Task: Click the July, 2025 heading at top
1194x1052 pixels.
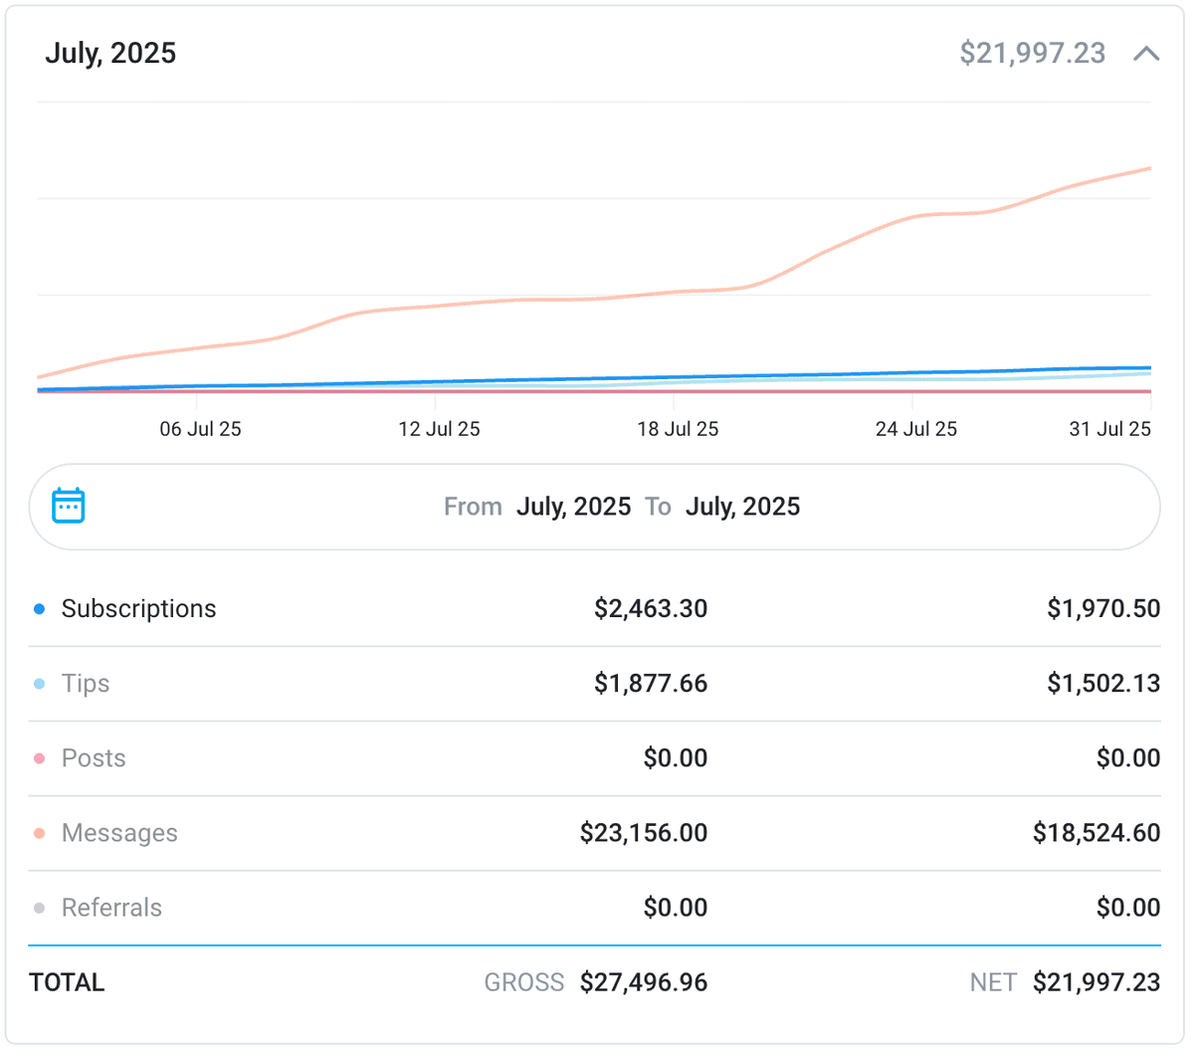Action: point(110,53)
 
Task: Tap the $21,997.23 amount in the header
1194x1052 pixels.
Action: point(1032,53)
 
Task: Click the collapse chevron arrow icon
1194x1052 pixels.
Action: point(1146,54)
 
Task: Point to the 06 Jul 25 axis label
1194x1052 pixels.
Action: point(200,429)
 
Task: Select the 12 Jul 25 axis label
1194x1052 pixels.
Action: point(439,429)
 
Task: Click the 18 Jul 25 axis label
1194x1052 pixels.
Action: point(678,429)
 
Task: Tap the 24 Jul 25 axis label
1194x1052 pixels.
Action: point(915,429)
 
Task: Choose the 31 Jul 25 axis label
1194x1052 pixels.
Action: point(1109,429)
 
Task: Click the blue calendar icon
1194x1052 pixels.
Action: point(68,506)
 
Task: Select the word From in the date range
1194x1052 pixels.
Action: point(473,507)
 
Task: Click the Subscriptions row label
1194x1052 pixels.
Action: point(138,608)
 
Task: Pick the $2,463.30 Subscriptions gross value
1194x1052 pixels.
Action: point(651,608)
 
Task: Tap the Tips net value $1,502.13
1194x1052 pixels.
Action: point(1102,683)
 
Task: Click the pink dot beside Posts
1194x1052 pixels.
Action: point(39,758)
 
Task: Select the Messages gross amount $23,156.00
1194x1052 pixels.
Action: point(644,832)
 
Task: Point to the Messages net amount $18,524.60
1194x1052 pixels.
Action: point(1095,832)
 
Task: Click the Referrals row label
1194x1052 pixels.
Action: point(111,907)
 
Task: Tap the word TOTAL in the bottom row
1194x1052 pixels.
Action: point(67,982)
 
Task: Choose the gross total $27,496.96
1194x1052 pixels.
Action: point(644,982)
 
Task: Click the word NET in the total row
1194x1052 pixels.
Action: point(992,982)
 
